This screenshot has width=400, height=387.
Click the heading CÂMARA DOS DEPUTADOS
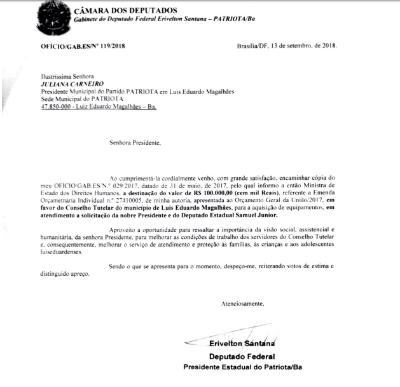[x=117, y=10]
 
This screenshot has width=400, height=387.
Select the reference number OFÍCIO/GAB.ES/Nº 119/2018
[x=79, y=46]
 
